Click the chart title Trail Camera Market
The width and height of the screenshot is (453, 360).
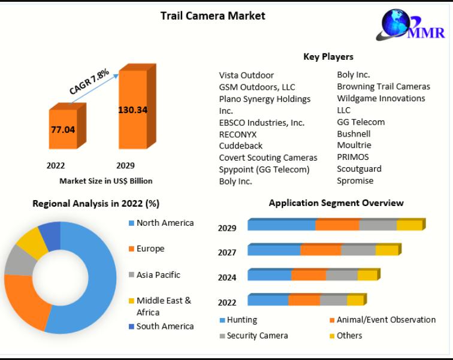213,16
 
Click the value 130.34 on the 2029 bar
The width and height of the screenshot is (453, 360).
132,110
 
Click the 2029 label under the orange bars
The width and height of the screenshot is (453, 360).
125,165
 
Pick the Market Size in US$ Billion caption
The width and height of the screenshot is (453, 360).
105,180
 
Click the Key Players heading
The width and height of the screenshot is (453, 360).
328,57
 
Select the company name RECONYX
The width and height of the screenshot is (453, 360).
238,134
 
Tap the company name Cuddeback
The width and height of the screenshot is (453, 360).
241,146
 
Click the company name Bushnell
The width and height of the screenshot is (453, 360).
354,134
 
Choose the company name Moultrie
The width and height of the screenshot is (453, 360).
354,145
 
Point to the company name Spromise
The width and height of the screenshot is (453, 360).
355,180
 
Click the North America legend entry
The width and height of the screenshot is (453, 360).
165,223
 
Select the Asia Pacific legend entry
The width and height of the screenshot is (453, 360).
158,275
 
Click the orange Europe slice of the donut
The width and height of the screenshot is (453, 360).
24,302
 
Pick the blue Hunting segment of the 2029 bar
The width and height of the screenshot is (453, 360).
282,225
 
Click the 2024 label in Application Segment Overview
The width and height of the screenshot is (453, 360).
227,277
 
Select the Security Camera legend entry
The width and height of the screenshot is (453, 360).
257,335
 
